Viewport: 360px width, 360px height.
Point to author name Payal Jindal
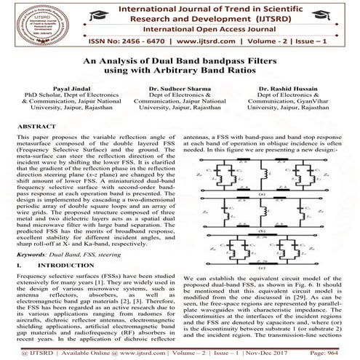60,88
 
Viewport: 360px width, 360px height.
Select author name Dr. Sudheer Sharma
180,88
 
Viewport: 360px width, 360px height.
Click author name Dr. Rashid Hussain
300,88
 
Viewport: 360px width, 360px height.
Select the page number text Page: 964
327,351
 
